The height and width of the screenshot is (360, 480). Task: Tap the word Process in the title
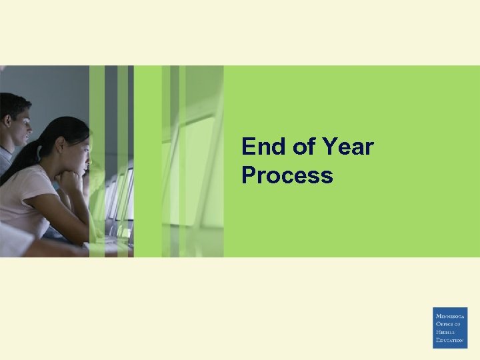coord(287,175)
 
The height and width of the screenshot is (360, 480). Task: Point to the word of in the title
coord(305,146)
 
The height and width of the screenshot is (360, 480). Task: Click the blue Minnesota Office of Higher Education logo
coord(450,327)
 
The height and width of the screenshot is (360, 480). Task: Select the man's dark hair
coord(13,103)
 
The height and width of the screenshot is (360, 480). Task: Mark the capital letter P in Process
coord(250,175)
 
